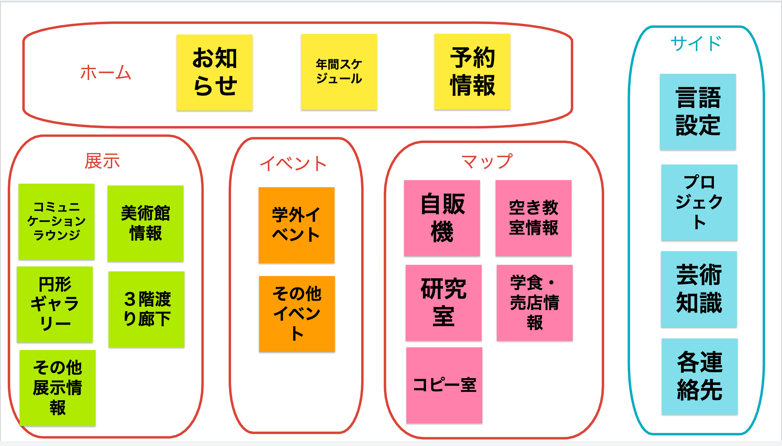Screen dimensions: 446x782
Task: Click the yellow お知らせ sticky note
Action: (214, 72)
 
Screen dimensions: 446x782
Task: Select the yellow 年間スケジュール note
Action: (339, 72)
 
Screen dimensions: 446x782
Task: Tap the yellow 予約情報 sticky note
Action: (472, 72)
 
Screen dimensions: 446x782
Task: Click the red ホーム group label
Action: (105, 73)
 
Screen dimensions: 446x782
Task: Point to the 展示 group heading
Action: (102, 161)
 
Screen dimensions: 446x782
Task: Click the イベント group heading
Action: (293, 164)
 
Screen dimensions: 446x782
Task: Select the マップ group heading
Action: (487, 161)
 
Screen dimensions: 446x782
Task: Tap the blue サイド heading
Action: (696, 44)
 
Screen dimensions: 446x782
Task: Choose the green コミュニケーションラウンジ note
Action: (57, 221)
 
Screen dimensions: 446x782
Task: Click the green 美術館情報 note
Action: (145, 223)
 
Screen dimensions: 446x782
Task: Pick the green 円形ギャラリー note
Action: (55, 304)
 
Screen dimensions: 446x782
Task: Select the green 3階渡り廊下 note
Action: (146, 309)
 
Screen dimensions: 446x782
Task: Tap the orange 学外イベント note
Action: (296, 225)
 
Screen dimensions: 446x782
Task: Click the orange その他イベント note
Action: (297, 314)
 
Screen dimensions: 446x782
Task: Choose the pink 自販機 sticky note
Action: (442, 218)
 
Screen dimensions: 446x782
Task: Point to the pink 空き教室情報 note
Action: (533, 218)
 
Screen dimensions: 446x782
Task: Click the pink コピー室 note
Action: (444, 385)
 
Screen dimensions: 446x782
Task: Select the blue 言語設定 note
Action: (698, 111)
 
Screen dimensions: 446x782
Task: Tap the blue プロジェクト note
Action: (699, 202)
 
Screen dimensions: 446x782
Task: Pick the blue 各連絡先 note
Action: (699, 376)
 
